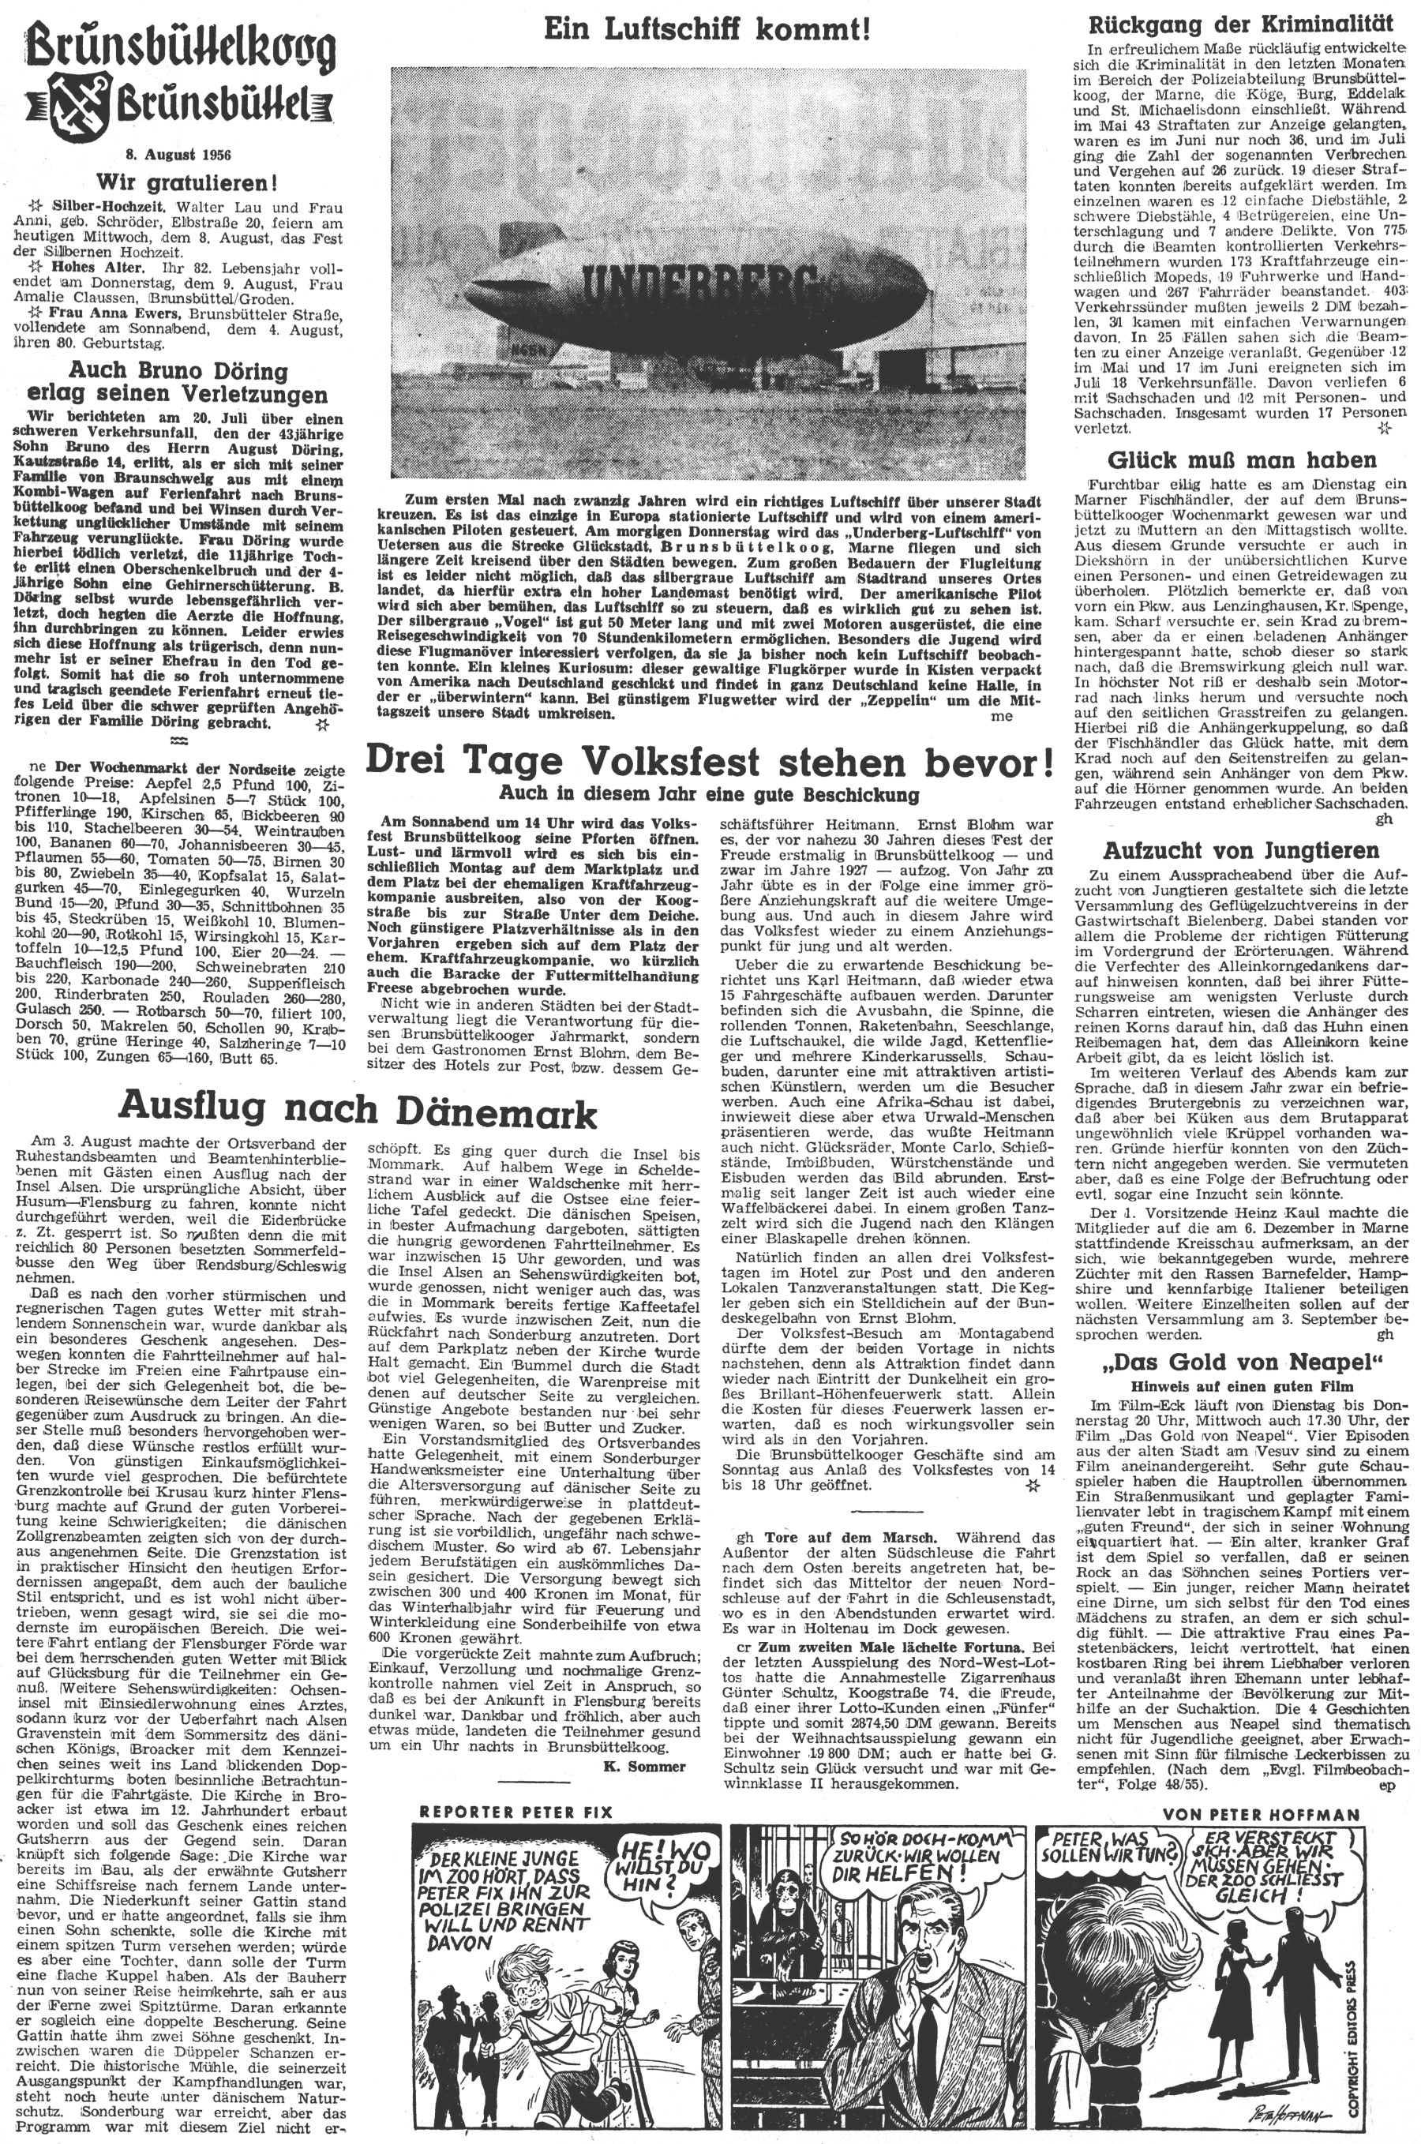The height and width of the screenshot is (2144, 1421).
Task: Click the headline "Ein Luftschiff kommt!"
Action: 707,30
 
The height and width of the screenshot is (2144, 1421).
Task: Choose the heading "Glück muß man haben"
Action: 1242,459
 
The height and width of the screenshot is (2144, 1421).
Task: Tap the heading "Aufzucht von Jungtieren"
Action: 1241,850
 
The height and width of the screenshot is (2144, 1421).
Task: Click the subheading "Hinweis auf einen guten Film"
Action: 1241,1385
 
